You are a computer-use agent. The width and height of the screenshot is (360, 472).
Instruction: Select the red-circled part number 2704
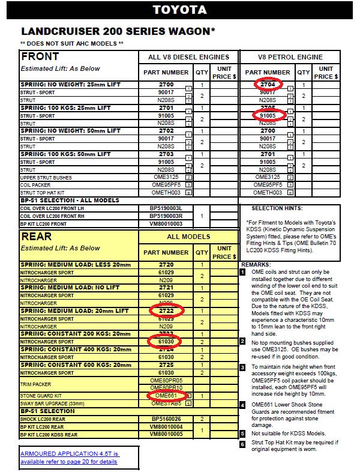pyautogui.click(x=268, y=85)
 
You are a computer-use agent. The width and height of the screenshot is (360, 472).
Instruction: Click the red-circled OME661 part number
pyautogui.click(x=166, y=396)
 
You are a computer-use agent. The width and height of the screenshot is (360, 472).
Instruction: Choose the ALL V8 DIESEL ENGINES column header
pyautogui.click(x=188, y=57)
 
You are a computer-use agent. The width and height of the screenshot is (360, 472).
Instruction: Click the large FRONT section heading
pyautogui.click(x=41, y=56)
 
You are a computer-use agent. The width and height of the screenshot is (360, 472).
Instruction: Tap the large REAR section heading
pyautogui.click(x=37, y=237)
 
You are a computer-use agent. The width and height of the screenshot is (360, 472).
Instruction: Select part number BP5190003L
pyautogui.click(x=166, y=208)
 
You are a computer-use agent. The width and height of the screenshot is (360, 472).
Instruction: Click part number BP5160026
pyautogui.click(x=166, y=419)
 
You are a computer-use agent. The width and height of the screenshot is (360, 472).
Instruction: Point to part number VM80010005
pyautogui.click(x=166, y=434)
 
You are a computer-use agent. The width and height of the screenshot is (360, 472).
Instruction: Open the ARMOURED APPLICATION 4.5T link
pyautogui.click(x=69, y=457)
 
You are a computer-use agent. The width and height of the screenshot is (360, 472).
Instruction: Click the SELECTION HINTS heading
pyautogui.click(x=277, y=208)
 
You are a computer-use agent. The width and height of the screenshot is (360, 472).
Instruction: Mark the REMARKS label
pyautogui.click(x=257, y=264)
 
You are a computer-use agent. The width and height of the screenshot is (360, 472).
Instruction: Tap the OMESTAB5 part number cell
pyautogui.click(x=166, y=404)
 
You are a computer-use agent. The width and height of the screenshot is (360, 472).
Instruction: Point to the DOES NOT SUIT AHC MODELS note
pyautogui.click(x=72, y=43)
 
